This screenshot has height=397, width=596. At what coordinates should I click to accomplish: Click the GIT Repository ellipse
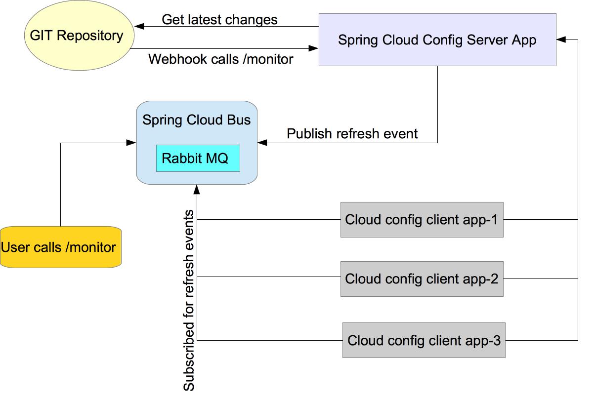(x=79, y=36)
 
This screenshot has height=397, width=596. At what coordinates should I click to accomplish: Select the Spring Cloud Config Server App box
(x=437, y=40)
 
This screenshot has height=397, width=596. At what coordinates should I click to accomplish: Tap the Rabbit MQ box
(x=198, y=159)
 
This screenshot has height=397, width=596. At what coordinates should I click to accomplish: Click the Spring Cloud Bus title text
(x=196, y=120)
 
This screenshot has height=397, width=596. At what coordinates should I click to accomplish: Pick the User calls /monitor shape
(x=60, y=247)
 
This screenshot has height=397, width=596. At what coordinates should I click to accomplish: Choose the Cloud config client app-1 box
(x=422, y=220)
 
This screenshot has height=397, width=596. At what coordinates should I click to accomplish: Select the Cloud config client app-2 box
(x=422, y=279)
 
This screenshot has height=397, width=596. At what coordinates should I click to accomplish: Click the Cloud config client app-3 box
(x=424, y=340)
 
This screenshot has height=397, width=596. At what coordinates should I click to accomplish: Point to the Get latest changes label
(x=219, y=19)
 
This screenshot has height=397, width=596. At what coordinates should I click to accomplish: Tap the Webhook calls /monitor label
(x=220, y=59)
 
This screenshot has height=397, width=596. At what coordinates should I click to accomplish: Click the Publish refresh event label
(x=352, y=134)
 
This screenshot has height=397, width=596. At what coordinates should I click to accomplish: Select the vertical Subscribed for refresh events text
(x=189, y=300)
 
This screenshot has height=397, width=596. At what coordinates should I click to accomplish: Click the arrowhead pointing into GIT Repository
(x=138, y=26)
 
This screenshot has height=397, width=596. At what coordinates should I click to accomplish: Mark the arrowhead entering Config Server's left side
(x=313, y=48)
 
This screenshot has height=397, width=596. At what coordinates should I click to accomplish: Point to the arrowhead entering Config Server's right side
(x=561, y=39)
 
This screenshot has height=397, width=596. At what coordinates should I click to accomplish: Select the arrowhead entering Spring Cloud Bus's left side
(x=131, y=143)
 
